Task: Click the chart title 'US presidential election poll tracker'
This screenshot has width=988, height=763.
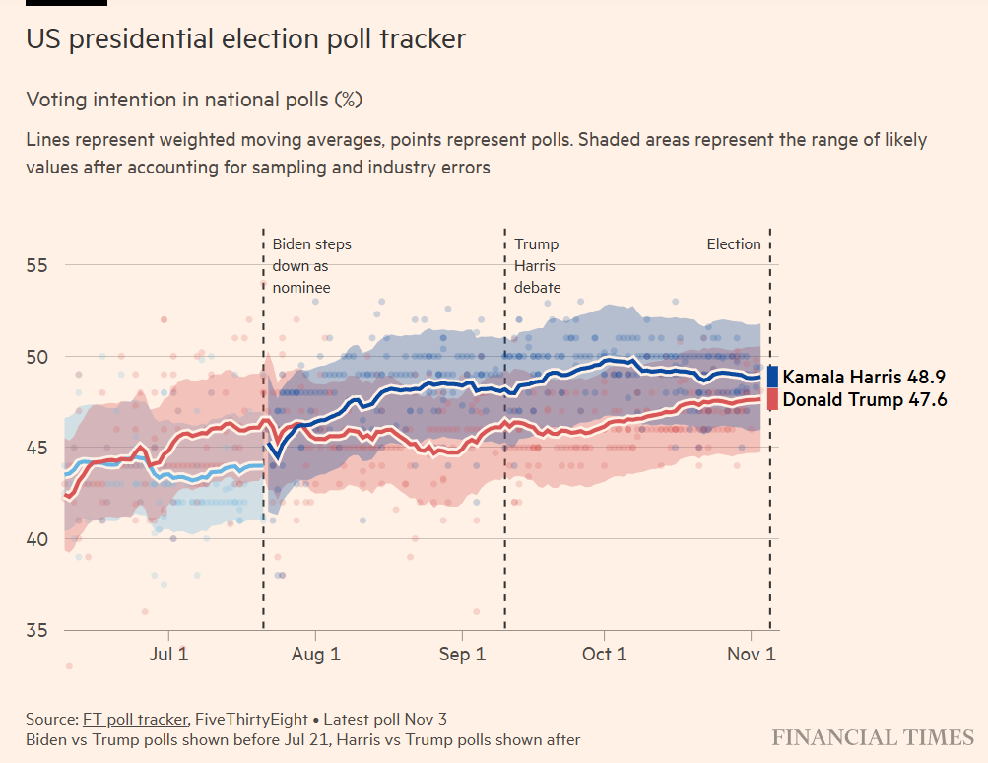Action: (245, 39)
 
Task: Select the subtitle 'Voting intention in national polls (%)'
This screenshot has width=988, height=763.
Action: (194, 100)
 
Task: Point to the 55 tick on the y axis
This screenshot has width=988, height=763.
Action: (37, 265)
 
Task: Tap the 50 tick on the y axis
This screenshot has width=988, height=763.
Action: (37, 356)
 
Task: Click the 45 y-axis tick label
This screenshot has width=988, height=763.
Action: (37, 448)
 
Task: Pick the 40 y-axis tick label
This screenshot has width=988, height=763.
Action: (37, 539)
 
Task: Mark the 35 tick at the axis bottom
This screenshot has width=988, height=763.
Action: (37, 630)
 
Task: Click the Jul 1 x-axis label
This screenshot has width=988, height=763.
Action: (169, 655)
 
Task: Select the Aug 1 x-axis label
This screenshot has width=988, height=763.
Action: (315, 655)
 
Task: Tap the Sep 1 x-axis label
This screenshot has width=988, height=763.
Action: (461, 655)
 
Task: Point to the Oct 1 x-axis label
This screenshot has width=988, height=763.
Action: (604, 655)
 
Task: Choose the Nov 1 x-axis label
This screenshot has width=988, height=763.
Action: (751, 655)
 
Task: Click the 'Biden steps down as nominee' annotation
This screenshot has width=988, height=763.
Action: (310, 266)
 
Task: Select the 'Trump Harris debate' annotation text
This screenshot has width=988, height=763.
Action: (537, 266)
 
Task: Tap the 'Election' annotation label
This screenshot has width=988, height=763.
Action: (734, 244)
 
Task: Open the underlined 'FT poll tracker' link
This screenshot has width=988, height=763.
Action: (133, 719)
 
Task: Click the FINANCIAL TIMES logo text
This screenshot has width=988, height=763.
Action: (873, 738)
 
